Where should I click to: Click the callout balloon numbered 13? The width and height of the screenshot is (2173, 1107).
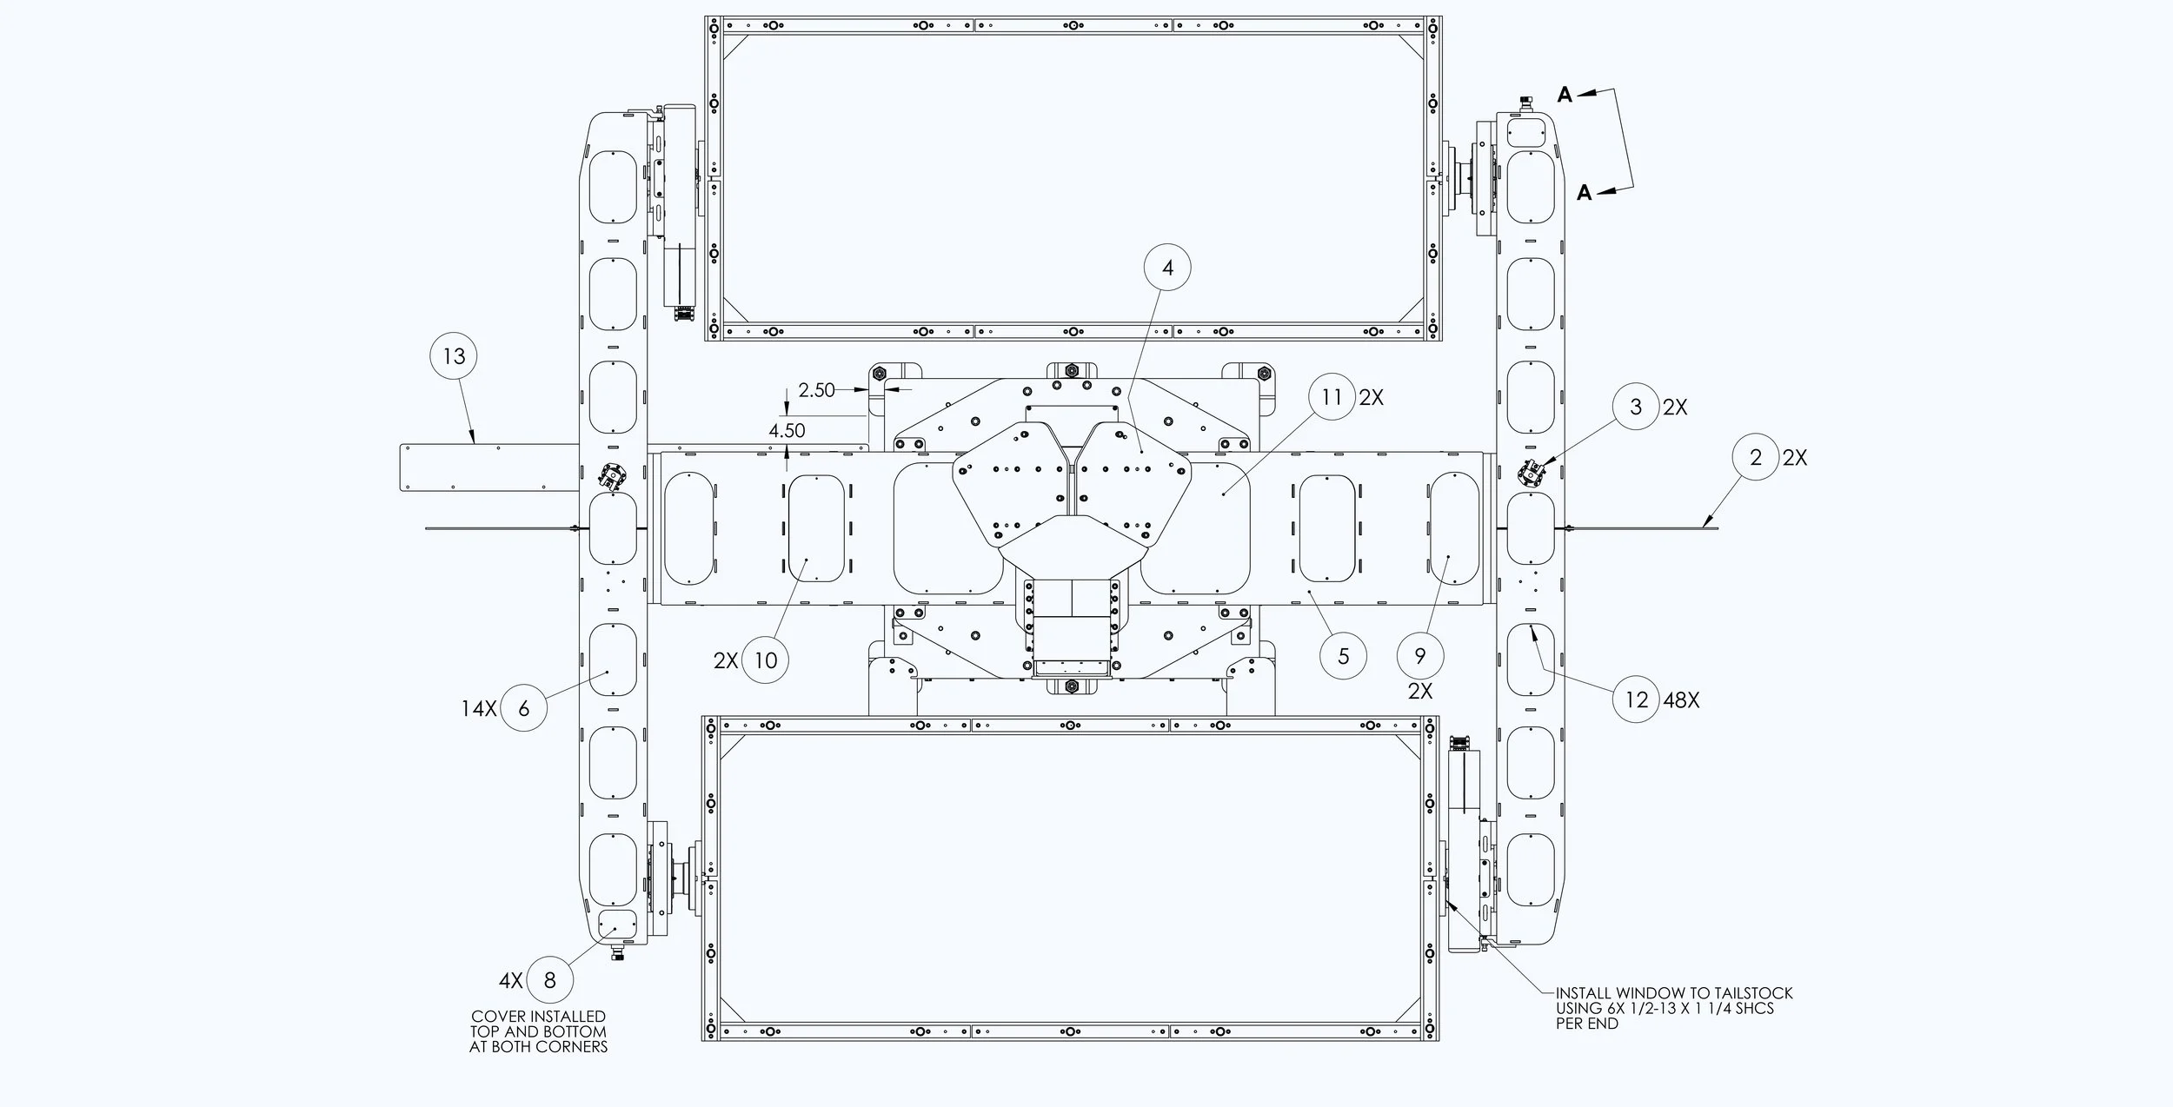coord(454,356)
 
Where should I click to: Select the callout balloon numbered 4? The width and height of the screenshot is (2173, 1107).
coord(1167,268)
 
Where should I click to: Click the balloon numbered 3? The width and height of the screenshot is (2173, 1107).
coord(1636,407)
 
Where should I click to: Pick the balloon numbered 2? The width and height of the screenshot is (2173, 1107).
coord(1755,457)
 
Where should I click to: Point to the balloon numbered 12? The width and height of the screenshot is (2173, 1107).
coord(1637,699)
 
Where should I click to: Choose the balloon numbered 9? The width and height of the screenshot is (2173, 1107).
coord(1419,656)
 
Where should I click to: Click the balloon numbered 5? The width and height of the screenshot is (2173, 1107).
coord(1343,656)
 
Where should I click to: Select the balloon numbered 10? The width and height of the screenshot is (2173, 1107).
coord(765,660)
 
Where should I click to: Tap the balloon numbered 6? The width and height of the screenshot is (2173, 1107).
coord(523,708)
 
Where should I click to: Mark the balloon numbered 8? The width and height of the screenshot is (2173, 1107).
coord(549,980)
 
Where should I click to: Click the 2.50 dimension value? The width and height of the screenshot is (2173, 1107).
coord(816,390)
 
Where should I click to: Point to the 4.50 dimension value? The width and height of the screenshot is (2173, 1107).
coord(787,430)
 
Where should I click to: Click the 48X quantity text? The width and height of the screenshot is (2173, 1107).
coord(1681,699)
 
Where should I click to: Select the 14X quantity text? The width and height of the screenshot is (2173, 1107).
coord(478,708)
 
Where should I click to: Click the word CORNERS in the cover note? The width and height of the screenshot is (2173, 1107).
coord(572,1047)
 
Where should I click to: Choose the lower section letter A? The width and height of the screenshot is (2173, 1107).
coord(1585,193)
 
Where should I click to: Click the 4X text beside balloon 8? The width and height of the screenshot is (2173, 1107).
coord(510,980)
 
